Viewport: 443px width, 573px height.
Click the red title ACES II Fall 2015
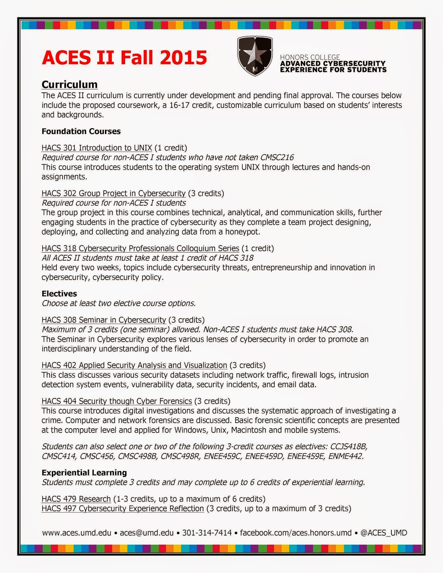[124, 58]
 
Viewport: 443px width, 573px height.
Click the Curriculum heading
[69, 85]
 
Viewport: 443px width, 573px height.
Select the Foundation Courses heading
[81, 131]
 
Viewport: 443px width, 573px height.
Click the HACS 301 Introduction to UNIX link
[97, 148]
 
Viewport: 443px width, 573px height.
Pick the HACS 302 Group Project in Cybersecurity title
[113, 193]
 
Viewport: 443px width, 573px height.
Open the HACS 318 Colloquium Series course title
[140, 249]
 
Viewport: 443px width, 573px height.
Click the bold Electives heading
[59, 294]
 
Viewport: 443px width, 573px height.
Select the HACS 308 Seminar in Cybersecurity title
[103, 320]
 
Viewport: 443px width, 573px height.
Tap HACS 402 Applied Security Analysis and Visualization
[134, 365]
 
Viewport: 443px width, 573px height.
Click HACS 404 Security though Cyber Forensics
[116, 401]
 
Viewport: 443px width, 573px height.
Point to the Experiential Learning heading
[84, 473]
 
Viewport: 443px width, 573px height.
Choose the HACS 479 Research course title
[76, 499]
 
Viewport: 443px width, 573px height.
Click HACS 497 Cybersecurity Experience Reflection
[122, 509]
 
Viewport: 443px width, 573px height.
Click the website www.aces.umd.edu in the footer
[77, 533]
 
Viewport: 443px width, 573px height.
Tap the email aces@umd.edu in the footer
[146, 533]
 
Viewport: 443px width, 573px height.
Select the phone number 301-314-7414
[207, 533]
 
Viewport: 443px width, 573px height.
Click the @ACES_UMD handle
[384, 533]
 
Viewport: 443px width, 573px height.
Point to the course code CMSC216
[277, 158]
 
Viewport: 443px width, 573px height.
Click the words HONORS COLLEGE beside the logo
[310, 57]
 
